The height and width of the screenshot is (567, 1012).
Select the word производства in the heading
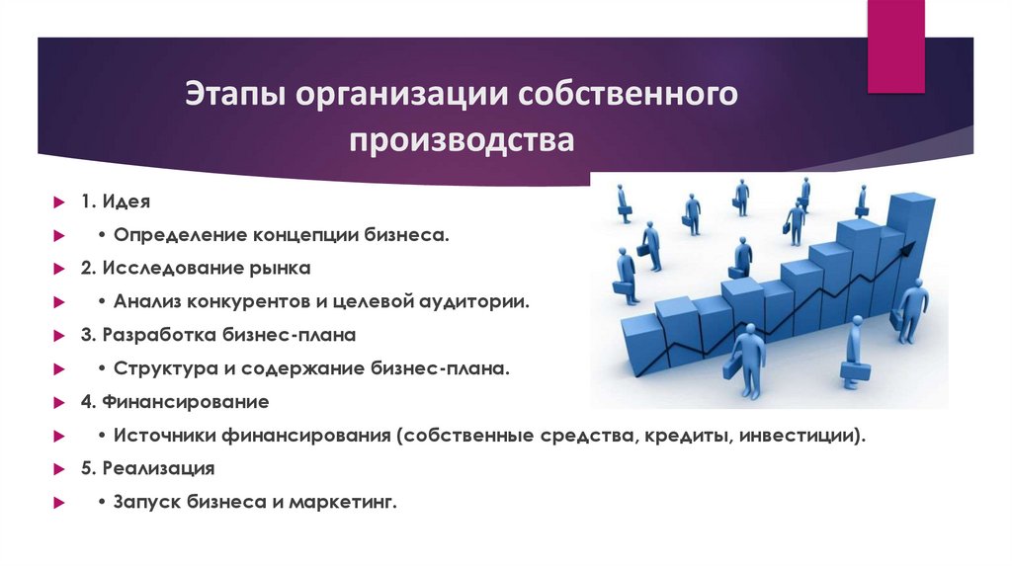(461, 138)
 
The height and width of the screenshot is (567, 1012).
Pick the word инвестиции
(796, 436)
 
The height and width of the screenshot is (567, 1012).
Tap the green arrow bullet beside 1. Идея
(58, 202)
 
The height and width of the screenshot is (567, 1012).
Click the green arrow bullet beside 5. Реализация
(58, 470)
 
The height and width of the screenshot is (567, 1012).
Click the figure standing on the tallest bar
(861, 201)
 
